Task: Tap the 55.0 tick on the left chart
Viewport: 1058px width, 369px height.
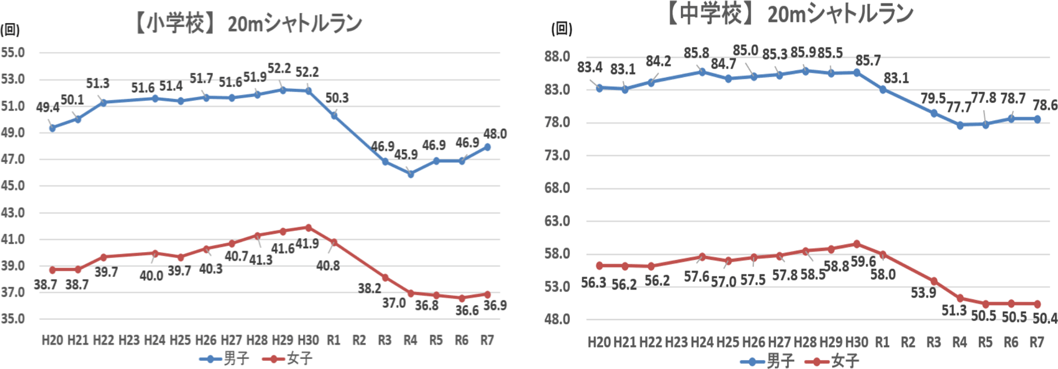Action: (13, 53)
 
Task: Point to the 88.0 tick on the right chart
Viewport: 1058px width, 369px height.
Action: (557, 57)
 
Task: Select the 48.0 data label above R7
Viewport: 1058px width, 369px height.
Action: (495, 134)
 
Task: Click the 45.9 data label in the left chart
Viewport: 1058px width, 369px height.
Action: (406, 155)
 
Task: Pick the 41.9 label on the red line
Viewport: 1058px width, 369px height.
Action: (307, 244)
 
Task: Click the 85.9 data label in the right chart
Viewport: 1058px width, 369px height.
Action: (803, 53)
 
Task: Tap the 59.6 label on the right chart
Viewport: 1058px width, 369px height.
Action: (863, 261)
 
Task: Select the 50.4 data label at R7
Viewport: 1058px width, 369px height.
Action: (1045, 318)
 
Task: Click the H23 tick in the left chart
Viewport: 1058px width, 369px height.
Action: (129, 340)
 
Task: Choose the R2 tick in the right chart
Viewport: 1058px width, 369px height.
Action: (908, 343)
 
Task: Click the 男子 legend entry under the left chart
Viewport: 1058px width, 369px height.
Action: (225, 359)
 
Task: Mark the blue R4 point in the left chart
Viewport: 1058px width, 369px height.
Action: (411, 174)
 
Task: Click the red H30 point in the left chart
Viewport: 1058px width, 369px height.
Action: (309, 227)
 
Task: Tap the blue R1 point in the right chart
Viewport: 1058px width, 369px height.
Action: (883, 89)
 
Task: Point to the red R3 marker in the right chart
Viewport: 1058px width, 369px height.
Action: (934, 281)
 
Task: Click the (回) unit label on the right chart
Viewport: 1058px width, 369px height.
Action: (562, 29)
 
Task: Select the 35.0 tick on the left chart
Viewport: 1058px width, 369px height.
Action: (13, 319)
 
